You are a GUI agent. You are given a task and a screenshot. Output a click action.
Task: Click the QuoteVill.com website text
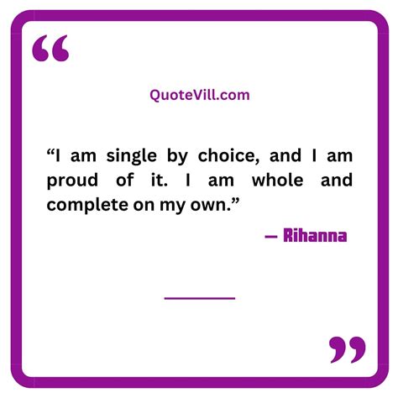coord(200,95)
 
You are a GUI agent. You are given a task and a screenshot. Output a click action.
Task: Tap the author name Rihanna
coord(315,236)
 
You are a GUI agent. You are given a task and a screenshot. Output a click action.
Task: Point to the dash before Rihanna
coord(271,237)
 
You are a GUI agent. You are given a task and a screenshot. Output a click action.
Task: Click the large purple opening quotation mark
coord(50,48)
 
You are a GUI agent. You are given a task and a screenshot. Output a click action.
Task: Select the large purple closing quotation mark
coord(348,350)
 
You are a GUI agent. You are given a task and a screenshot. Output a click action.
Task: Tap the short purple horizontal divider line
coord(200,298)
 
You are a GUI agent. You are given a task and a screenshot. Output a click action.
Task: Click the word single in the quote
coord(131,156)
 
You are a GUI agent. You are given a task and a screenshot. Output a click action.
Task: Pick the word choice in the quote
coord(228,155)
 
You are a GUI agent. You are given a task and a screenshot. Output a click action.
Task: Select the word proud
coord(72,181)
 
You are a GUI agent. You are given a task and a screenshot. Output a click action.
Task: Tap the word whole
coord(278,180)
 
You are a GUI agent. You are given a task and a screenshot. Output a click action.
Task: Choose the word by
coord(177,156)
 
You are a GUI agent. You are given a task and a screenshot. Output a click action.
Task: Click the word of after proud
coord(124,180)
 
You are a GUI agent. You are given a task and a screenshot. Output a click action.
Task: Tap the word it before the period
coord(157,181)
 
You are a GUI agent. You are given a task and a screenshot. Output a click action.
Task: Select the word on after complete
coord(144,207)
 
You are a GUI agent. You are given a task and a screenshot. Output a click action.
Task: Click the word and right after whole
coord(337,180)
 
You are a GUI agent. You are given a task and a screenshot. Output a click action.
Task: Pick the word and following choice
coord(285,155)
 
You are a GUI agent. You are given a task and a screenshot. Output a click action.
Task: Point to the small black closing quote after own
coord(235,201)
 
